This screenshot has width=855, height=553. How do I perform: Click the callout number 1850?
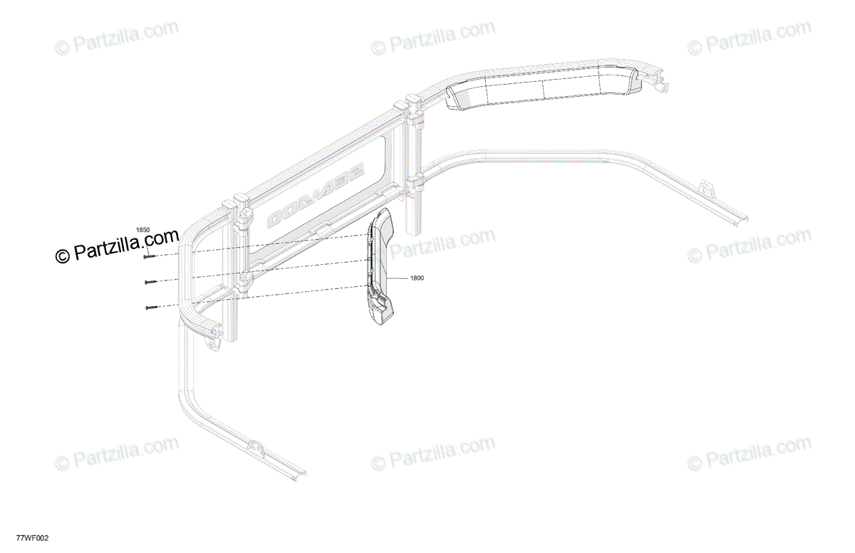(x=143, y=229)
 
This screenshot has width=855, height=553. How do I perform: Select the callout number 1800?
(x=417, y=278)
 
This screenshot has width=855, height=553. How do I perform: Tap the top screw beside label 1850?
(x=149, y=256)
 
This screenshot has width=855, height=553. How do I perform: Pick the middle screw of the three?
(x=149, y=281)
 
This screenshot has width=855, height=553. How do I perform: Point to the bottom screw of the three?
(x=149, y=307)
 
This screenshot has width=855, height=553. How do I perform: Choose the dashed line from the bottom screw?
(x=264, y=296)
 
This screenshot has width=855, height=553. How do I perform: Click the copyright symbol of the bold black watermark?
(x=63, y=254)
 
